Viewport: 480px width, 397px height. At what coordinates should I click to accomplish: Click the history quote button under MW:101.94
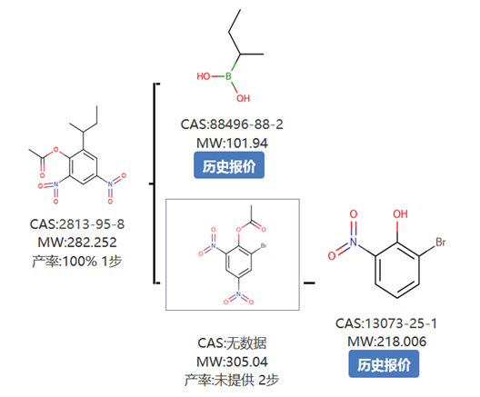pyautogui.click(x=229, y=164)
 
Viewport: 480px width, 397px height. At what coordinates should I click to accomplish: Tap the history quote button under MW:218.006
pyautogui.click(x=384, y=364)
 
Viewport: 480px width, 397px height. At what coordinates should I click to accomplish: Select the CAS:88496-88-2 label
pyautogui.click(x=232, y=124)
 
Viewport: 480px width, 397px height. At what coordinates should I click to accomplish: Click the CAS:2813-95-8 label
pyautogui.click(x=77, y=224)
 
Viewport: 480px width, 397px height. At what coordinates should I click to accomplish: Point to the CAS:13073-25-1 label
pyautogui.click(x=386, y=323)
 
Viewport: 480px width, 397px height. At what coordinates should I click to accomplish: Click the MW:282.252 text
pyautogui.click(x=77, y=243)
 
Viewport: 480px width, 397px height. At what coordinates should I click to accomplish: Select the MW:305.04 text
pyautogui.click(x=232, y=362)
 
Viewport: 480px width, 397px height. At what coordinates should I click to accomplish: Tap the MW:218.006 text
pyautogui.click(x=386, y=342)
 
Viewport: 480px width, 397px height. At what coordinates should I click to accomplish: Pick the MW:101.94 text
pyautogui.click(x=232, y=144)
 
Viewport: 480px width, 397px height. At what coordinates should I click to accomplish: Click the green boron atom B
pyautogui.click(x=228, y=76)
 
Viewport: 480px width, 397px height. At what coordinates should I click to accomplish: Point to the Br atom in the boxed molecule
pyautogui.click(x=264, y=245)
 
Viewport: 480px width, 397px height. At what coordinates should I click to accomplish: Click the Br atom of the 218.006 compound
pyautogui.click(x=441, y=243)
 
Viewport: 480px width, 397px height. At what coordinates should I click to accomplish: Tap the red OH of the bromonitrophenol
pyautogui.click(x=400, y=214)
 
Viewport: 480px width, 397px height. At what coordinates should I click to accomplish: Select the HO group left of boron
pyautogui.click(x=204, y=76)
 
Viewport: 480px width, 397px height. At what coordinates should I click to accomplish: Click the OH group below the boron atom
pyautogui.click(x=243, y=98)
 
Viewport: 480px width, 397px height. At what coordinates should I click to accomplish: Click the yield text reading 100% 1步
pyautogui.click(x=92, y=262)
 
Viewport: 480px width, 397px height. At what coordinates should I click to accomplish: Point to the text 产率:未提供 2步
pyautogui.click(x=232, y=380)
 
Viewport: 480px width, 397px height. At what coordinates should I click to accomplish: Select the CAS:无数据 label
pyautogui.click(x=232, y=343)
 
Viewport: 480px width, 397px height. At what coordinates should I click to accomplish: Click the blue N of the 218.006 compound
pyautogui.click(x=354, y=242)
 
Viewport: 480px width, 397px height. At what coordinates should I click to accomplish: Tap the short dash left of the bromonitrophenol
pyautogui.click(x=309, y=283)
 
